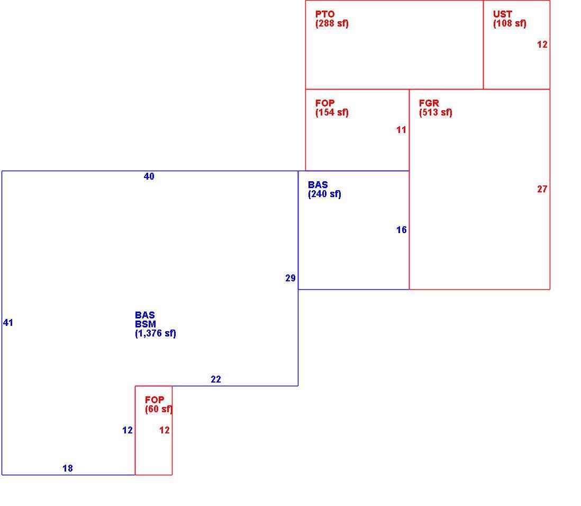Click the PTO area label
tap(325, 14)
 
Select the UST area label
tap(503, 14)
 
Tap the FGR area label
tap(429, 103)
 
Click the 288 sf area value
tap(332, 23)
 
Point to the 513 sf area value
tap(436, 112)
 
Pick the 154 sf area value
tap(332, 112)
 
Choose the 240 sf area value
tap(324, 194)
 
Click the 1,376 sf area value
tap(156, 333)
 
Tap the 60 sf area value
tap(159, 409)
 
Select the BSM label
tap(145, 324)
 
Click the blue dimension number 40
tap(149, 176)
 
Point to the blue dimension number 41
tap(8, 323)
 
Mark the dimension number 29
tap(290, 278)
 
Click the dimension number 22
tap(216, 379)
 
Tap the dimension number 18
tap(68, 468)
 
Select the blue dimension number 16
tap(402, 230)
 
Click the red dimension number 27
tap(542, 189)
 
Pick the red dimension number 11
tap(401, 130)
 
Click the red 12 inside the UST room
tap(542, 45)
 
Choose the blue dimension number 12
tap(128, 430)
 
